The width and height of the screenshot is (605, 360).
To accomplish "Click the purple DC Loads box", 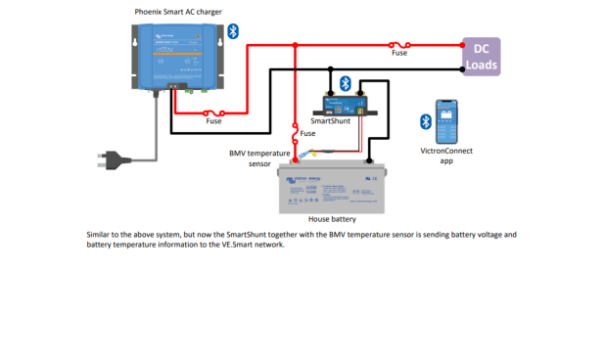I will click(x=481, y=57).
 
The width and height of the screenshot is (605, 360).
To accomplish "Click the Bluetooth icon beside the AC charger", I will click(x=233, y=31).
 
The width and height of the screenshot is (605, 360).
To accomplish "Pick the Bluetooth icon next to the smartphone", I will click(x=425, y=121).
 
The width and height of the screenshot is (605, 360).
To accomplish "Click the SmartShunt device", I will click(x=344, y=104).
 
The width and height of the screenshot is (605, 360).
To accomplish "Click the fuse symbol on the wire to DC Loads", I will click(x=398, y=44).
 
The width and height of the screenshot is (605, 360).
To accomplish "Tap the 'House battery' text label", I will click(x=331, y=220).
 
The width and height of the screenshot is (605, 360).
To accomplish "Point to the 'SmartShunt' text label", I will click(x=331, y=121).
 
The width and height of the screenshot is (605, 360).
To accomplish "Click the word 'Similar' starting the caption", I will click(x=101, y=236).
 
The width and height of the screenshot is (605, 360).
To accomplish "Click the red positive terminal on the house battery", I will click(x=296, y=162).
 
